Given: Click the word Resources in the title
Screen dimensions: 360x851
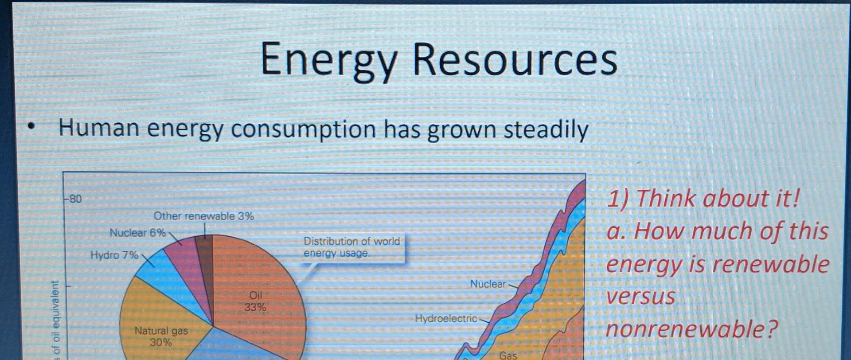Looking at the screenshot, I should (x=515, y=60).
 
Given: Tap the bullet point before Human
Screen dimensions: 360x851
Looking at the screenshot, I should (x=31, y=127).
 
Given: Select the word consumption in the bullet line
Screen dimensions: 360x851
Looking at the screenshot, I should (x=303, y=129).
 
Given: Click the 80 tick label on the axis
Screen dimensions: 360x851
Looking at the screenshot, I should (x=75, y=199).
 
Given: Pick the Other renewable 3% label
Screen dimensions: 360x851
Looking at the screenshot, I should (x=203, y=216).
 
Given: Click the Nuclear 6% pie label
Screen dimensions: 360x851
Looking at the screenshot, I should (x=137, y=232).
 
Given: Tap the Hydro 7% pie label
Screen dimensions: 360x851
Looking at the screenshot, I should (x=114, y=255).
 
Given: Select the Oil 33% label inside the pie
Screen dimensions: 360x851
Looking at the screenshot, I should (x=255, y=301).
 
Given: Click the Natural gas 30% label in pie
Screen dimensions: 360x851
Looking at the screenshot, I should (x=161, y=336).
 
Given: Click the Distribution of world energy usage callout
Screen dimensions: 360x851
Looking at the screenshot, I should (x=351, y=247).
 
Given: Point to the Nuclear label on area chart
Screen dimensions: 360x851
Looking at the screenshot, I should (x=488, y=284).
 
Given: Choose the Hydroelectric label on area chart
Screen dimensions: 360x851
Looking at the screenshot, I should (x=445, y=318).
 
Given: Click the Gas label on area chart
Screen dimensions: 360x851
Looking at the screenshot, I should (x=508, y=355).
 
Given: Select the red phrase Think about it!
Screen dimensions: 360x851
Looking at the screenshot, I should (x=718, y=198).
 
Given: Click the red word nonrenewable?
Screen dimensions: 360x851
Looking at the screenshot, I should (x=691, y=329).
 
